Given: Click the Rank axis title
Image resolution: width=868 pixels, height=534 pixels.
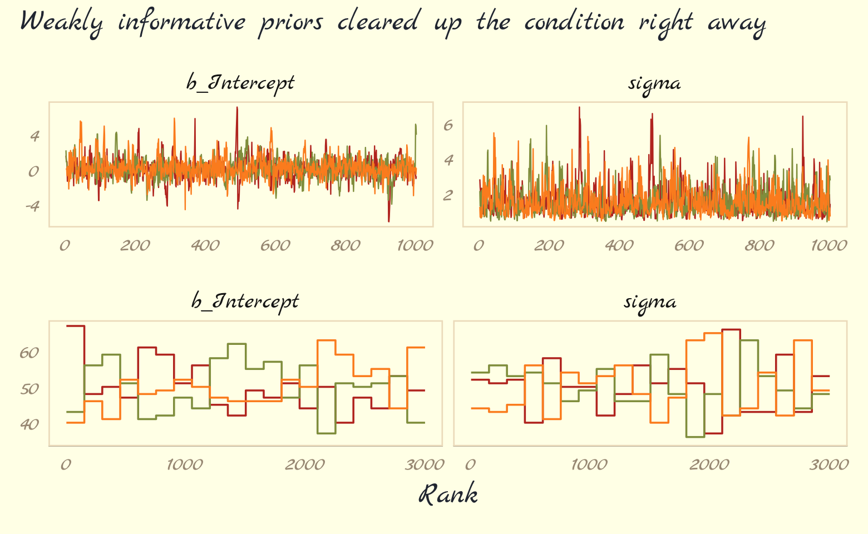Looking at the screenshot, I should pos(448,495).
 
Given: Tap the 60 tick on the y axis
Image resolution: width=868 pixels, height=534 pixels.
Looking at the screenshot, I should pos(29,353).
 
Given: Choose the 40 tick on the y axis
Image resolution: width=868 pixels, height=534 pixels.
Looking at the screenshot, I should pos(29,424).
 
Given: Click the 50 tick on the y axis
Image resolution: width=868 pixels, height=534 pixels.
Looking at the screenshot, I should pos(29,389).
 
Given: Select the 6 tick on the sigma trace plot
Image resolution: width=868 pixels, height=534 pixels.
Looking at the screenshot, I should pos(448,125).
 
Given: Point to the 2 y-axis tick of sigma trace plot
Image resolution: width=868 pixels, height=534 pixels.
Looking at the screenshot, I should pos(448,195).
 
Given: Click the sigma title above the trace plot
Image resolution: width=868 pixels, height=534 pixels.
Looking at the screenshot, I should pos(654,83).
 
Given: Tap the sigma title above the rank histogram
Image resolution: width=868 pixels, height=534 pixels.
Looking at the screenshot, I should pos(650,302).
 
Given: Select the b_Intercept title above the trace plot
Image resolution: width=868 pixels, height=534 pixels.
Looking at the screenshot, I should pos(240,83).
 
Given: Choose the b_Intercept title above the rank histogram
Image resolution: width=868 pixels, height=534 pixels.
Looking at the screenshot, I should pos(245,302).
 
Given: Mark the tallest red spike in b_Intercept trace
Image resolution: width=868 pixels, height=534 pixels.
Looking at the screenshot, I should pos(237,107).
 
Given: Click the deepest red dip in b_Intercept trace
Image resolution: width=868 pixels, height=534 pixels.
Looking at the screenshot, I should pos(388,221).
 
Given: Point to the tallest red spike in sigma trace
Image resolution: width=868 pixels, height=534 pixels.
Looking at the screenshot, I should pos(579,107).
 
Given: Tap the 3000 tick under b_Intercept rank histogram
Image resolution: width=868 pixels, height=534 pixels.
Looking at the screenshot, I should pos(426,464).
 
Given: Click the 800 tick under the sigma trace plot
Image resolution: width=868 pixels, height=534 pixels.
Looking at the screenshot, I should pos(759,246).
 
